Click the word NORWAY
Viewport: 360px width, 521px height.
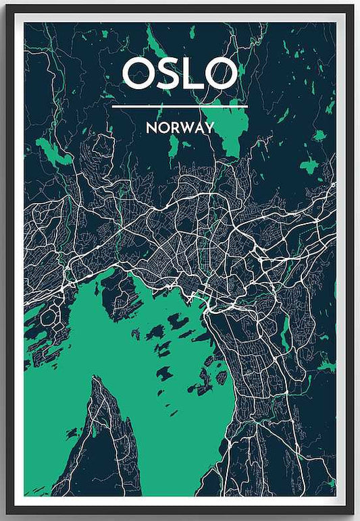click(x=180, y=128)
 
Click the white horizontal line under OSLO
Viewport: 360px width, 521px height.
click(x=180, y=106)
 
